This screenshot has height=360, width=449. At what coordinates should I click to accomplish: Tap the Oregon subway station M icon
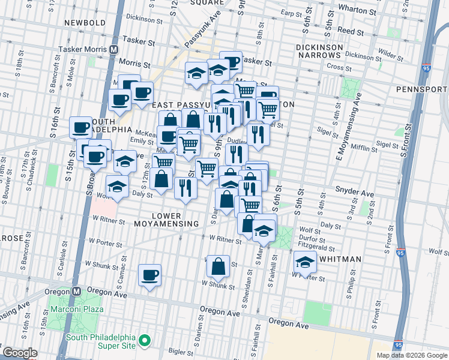point(76,290)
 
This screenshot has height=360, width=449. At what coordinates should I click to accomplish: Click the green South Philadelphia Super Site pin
point(144,341)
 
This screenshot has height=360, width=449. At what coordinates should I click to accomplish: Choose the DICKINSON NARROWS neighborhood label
point(319,51)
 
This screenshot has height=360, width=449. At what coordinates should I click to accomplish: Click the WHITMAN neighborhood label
point(340,259)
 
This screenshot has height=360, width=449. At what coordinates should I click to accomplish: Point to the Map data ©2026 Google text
point(411,355)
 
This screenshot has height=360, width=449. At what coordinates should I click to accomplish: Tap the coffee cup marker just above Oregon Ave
point(149,276)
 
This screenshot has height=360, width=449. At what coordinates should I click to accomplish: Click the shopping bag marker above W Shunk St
point(219,266)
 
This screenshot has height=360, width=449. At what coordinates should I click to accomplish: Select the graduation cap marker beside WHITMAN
point(305,262)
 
